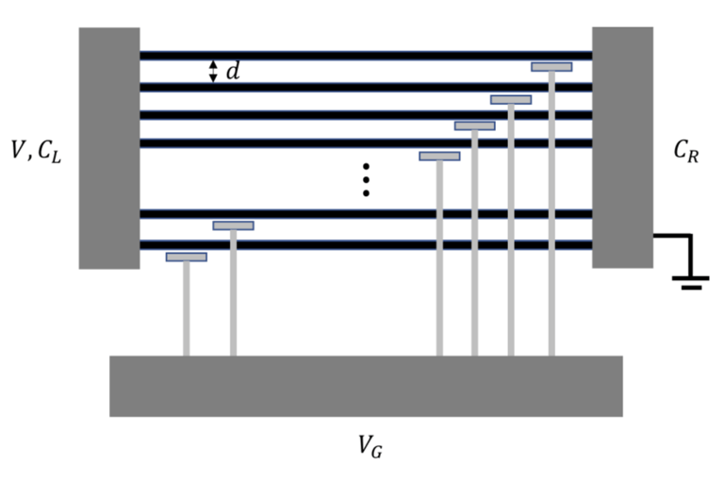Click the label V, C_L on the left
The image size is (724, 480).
tap(36, 150)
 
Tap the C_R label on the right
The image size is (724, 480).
tap(686, 151)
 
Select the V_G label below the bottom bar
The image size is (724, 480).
tap(370, 445)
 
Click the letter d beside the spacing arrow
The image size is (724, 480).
tap(232, 71)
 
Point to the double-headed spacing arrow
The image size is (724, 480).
tap(213, 71)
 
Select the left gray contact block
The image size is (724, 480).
tap(109, 148)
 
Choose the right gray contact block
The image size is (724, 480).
tap(622, 147)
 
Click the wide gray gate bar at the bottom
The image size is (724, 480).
tap(366, 386)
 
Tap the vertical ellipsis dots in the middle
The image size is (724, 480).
tap(366, 179)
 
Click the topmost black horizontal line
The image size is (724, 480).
tap(366, 56)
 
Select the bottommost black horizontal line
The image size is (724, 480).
tap(366, 245)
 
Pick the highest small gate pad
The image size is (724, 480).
tap(551, 67)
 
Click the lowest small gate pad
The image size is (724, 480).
tap(187, 257)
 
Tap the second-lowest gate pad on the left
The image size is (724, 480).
tap(233, 225)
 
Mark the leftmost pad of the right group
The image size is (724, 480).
tap(439, 156)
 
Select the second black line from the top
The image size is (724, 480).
tap(366, 87)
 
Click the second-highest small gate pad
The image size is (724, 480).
tap(511, 99)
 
